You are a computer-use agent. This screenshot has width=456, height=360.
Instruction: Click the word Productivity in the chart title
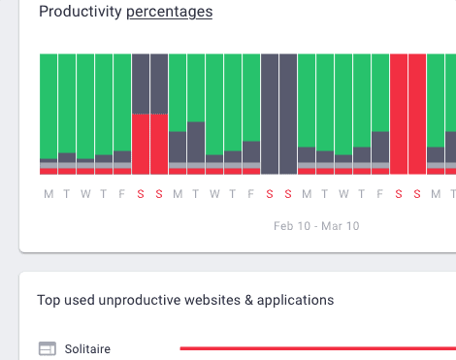(x=80, y=12)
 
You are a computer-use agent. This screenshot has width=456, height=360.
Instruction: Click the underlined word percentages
(x=170, y=12)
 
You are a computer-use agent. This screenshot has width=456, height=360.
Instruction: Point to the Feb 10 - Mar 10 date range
(x=316, y=226)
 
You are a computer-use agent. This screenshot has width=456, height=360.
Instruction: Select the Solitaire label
(x=87, y=348)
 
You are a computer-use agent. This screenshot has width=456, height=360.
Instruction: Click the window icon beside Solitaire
(x=48, y=348)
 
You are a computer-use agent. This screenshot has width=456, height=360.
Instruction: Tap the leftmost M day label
(x=49, y=193)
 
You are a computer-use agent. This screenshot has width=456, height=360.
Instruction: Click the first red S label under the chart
(x=141, y=193)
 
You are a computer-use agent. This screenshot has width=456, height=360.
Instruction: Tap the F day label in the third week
(x=380, y=193)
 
